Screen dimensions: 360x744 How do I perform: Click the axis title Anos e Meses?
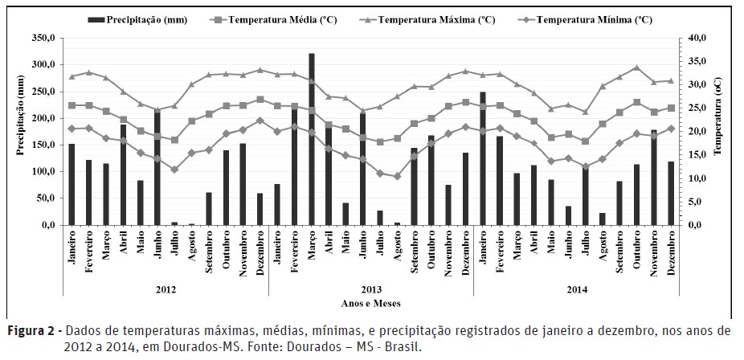pos(370,303)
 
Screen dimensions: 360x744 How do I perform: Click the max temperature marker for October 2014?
pos(636,67)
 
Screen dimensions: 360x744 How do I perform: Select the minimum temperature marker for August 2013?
pos(396,176)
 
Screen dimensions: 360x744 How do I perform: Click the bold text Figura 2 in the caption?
pos(33,330)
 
